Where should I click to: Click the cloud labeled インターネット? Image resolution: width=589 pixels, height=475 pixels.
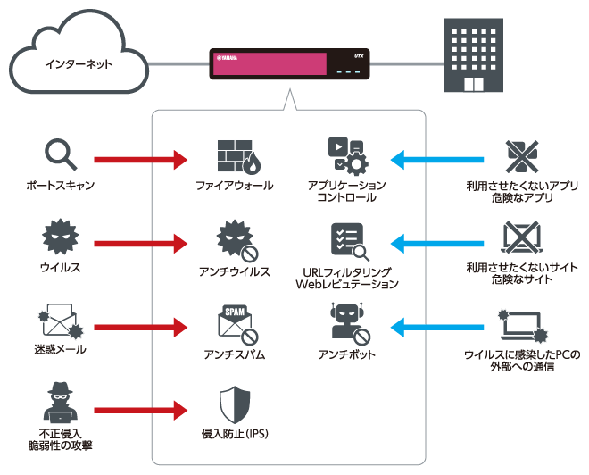tap(78, 62)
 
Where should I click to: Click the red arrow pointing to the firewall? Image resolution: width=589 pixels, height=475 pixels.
tap(140, 161)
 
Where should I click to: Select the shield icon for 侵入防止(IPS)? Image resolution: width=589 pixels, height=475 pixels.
tap(235, 406)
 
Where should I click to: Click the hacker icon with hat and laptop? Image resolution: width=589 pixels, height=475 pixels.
tap(60, 404)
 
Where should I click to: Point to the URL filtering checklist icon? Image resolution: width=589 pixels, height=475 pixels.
tap(347, 240)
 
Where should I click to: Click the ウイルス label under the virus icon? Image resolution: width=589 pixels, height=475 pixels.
tap(60, 267)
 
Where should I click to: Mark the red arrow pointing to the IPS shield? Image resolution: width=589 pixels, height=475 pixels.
tap(140, 411)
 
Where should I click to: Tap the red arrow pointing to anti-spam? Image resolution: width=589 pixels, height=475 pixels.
tap(140, 327)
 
